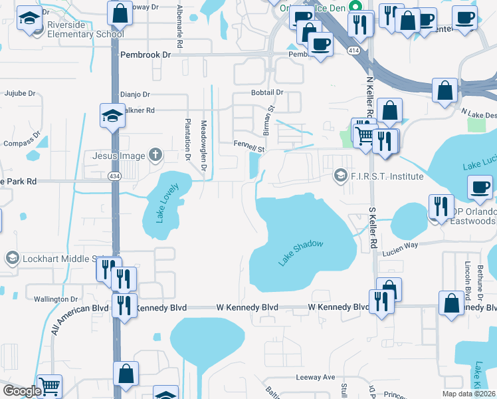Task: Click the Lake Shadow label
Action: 300,253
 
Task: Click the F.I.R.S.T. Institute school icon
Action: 340,176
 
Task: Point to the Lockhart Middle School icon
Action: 11,257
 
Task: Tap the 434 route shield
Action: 114,176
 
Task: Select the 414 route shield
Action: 354,49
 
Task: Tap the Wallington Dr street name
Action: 52,299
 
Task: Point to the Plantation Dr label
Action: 188,138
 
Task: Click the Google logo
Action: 21,391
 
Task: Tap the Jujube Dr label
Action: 20,94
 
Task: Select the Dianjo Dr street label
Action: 135,95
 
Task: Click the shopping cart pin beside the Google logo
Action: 49,386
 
